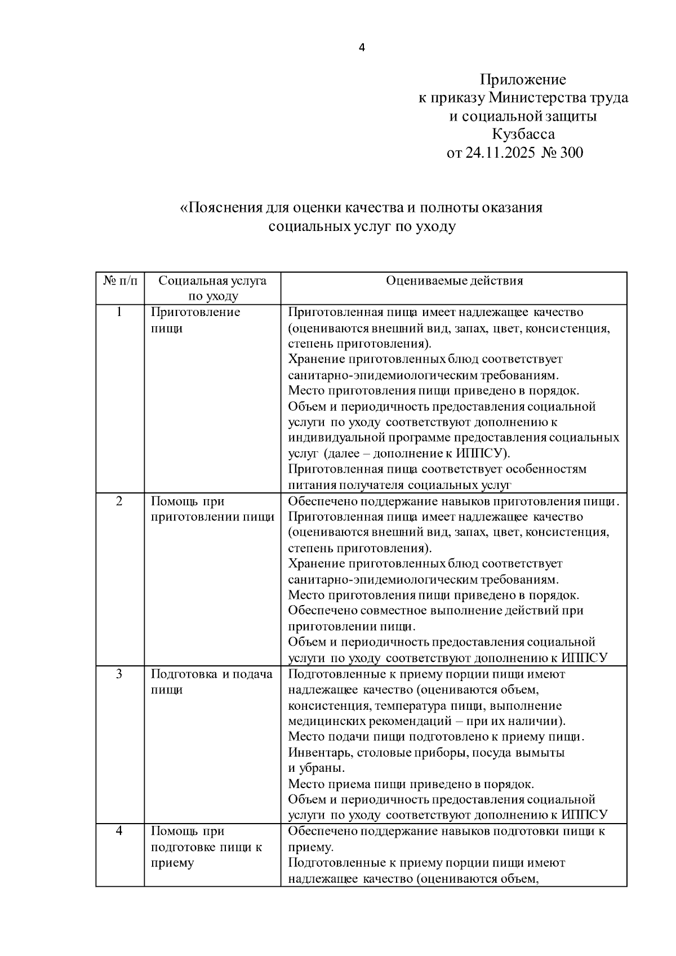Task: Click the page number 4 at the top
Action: point(362,48)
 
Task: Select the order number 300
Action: point(572,153)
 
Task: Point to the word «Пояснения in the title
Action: point(222,207)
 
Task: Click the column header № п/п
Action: point(119,281)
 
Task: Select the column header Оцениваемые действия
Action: point(454,281)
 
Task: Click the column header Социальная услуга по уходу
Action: point(212,288)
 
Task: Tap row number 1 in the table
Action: point(119,312)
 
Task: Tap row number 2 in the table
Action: point(119,501)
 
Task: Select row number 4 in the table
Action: point(119,831)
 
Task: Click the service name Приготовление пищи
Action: point(195,320)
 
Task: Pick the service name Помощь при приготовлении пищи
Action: point(212,509)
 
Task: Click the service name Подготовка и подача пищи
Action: point(211,682)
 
